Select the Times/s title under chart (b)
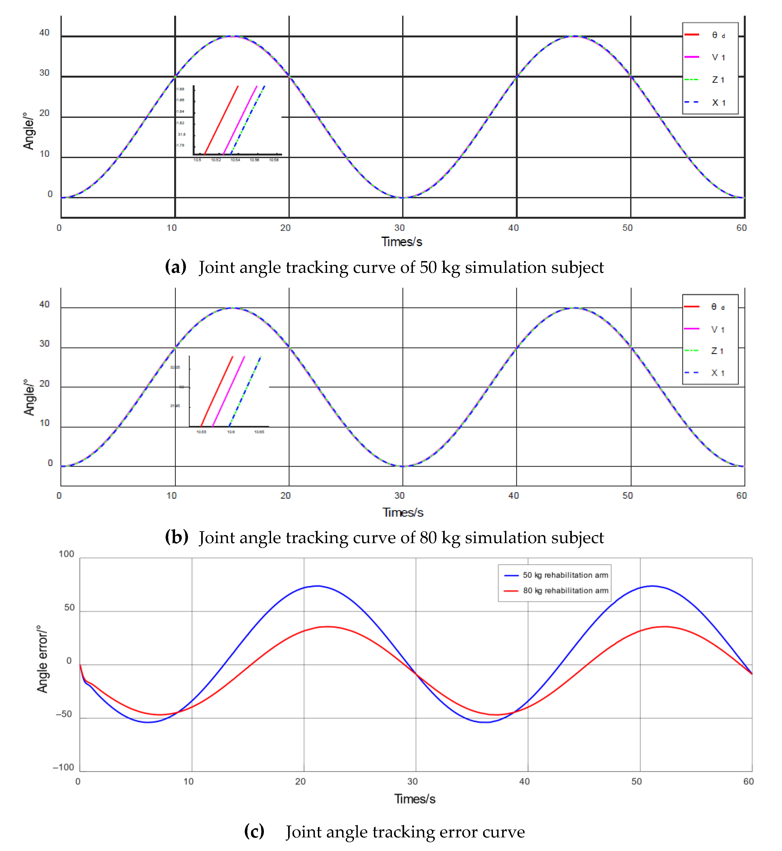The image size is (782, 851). coord(403,513)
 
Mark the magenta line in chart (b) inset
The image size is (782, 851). coord(229,391)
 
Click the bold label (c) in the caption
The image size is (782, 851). coord(254,832)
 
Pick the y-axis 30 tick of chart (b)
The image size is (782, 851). coord(45,344)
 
